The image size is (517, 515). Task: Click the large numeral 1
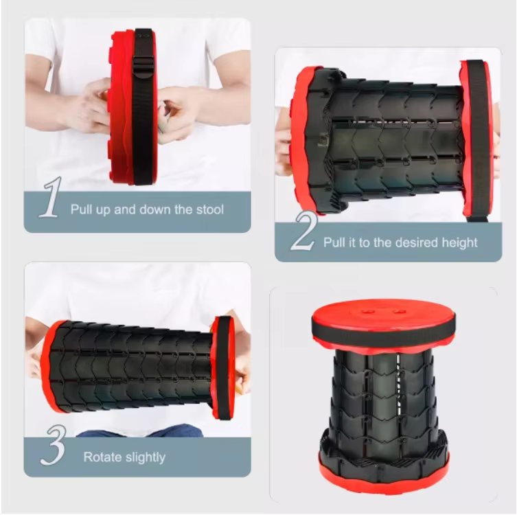coord(49,198)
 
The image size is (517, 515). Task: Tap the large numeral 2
coord(303,232)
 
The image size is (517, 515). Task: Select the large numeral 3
coord(52,446)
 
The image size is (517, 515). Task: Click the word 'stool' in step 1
coord(207,209)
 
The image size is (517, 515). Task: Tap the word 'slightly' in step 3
coord(146,457)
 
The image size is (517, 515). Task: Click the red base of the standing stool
coord(382,474)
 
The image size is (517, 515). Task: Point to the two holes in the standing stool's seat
coord(382,311)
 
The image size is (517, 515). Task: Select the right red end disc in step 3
coord(221,367)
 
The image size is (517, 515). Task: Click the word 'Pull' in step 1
coord(82,209)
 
